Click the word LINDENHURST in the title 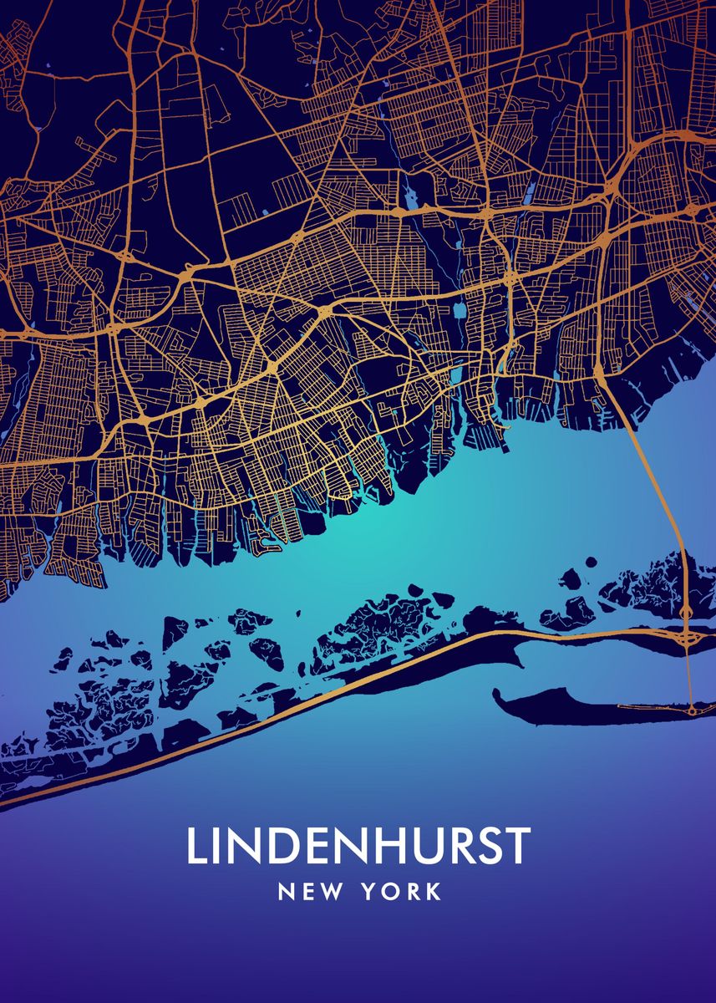[x=358, y=846]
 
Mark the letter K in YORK [x=434, y=893]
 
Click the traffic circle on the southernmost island [x=693, y=710]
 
